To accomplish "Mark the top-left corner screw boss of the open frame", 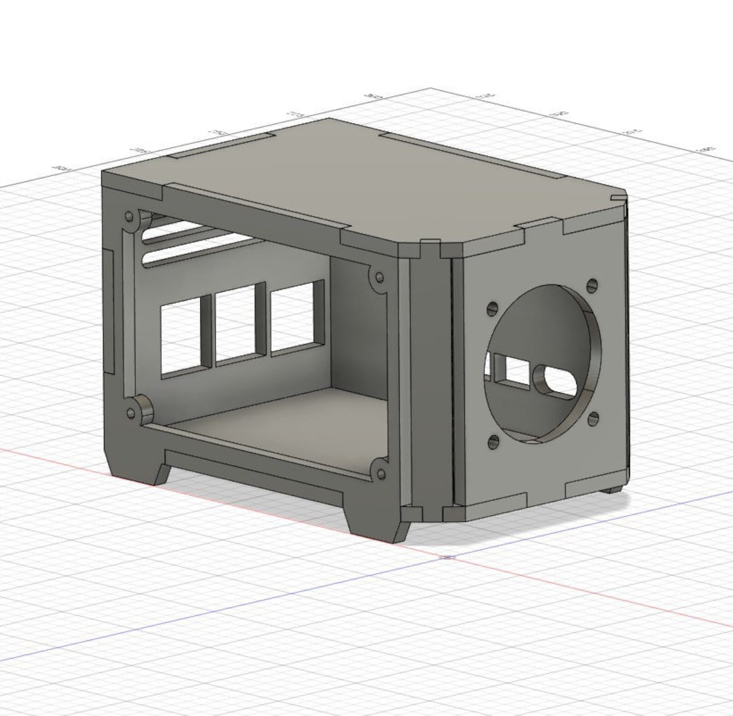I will tap(128, 219).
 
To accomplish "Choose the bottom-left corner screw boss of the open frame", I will tap(130, 411).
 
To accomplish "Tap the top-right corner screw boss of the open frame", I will tap(378, 277).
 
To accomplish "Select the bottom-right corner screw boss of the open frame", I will tap(379, 473).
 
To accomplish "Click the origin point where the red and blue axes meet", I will tap(448, 558).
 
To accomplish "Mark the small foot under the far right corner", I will tap(614, 489).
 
